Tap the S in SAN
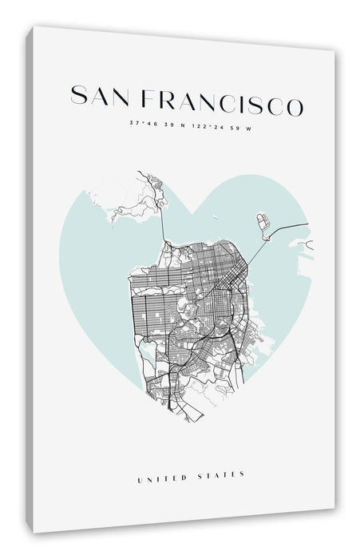pyautogui.click(x=78, y=95)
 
